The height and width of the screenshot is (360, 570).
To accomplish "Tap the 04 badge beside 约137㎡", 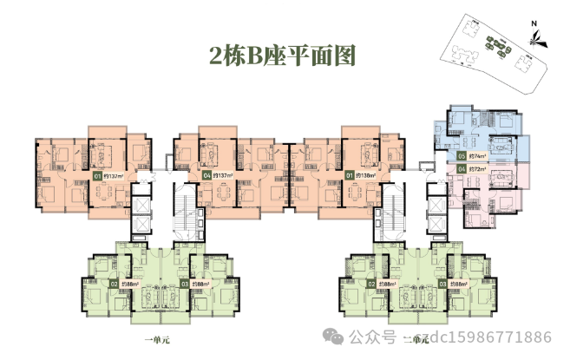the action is coord(206,176).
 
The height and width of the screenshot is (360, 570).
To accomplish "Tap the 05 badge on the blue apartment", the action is coord(461,156).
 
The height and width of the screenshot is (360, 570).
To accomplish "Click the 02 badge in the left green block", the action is coord(114,284).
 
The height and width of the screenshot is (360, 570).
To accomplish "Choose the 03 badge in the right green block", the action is coord(442,284).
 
